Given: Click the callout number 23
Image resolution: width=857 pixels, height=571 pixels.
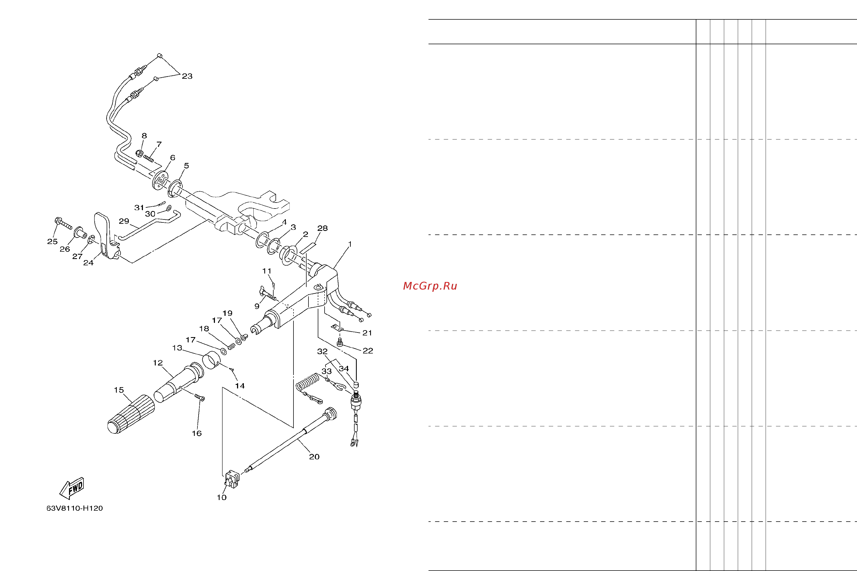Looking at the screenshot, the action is click(x=187, y=76).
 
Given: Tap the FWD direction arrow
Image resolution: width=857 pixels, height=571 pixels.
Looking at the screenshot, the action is click(x=72, y=488).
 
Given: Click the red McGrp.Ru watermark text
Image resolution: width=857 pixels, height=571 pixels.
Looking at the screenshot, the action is click(x=430, y=286).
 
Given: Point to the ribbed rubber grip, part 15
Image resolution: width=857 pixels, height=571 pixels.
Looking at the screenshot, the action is click(x=131, y=414).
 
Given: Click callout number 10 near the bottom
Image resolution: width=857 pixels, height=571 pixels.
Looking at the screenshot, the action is click(x=222, y=497).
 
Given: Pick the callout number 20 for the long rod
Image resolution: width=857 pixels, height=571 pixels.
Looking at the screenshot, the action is click(x=314, y=457).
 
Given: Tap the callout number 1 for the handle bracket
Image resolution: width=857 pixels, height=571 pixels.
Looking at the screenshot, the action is click(x=350, y=244).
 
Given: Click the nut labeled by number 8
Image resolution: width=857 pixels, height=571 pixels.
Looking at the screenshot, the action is click(x=139, y=154).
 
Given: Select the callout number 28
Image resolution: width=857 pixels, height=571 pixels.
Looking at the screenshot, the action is click(x=322, y=228).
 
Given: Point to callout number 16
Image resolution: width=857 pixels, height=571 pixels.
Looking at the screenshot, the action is click(x=196, y=433).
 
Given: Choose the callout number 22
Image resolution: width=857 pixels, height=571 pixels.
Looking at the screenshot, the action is click(x=368, y=351).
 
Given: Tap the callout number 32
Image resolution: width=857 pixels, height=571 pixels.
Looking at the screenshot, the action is click(x=322, y=351).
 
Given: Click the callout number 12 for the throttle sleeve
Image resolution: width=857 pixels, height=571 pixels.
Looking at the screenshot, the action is click(x=158, y=363).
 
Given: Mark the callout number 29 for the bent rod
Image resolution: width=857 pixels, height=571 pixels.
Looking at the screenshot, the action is click(x=124, y=221).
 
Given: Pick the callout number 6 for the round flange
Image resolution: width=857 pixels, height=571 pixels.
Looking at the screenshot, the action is click(x=172, y=158).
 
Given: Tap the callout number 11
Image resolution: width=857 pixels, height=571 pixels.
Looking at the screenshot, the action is click(x=267, y=271).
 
